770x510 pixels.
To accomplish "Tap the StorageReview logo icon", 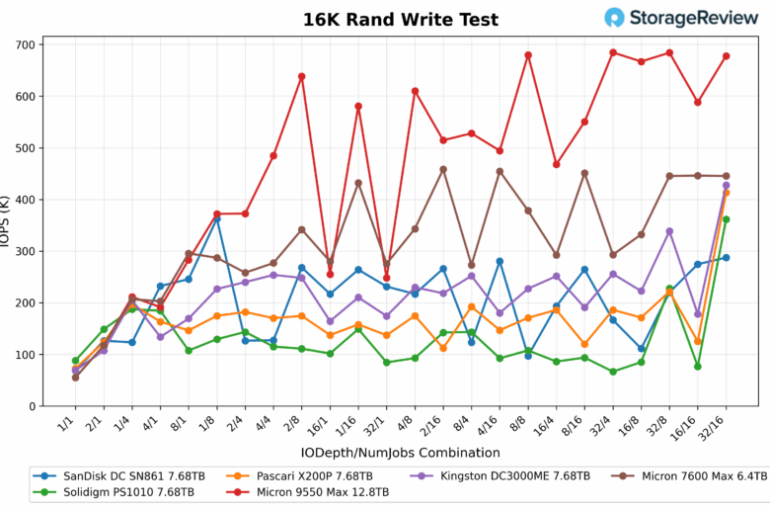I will (615, 18).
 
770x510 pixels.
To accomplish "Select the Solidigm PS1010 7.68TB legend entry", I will (114, 492).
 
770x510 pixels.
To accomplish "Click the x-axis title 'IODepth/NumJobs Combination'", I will (401, 453).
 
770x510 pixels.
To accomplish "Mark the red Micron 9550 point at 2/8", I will (301, 76).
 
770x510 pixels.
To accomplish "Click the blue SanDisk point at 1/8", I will (216, 217).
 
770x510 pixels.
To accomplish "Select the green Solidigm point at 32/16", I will (726, 219).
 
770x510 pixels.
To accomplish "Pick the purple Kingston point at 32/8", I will (669, 231).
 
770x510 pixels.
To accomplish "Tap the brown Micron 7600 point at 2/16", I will (443, 169).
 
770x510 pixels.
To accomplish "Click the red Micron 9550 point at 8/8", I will (528, 55).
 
